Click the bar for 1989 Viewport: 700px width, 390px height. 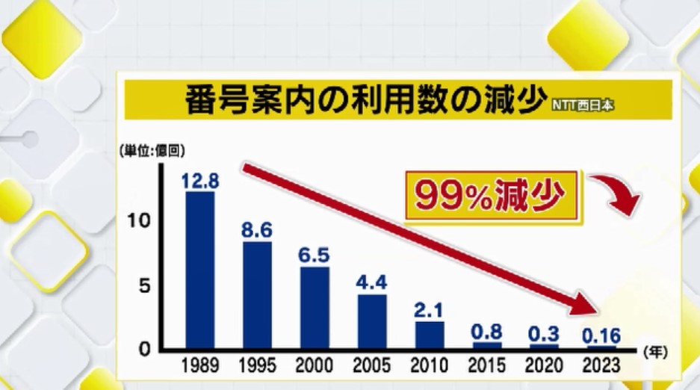[199, 270]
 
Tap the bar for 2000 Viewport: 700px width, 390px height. [315, 308]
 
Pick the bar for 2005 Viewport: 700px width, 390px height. [372, 321]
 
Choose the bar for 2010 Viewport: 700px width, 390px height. [430, 335]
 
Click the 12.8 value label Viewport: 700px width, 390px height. [199, 179]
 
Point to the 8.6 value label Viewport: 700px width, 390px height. [256, 230]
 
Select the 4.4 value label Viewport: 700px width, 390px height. [372, 282]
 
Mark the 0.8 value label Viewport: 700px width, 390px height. [487, 331]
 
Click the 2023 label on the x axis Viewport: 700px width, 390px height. [601, 366]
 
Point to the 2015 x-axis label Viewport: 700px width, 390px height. [487, 366]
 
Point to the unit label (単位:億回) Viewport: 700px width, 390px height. [150, 152]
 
